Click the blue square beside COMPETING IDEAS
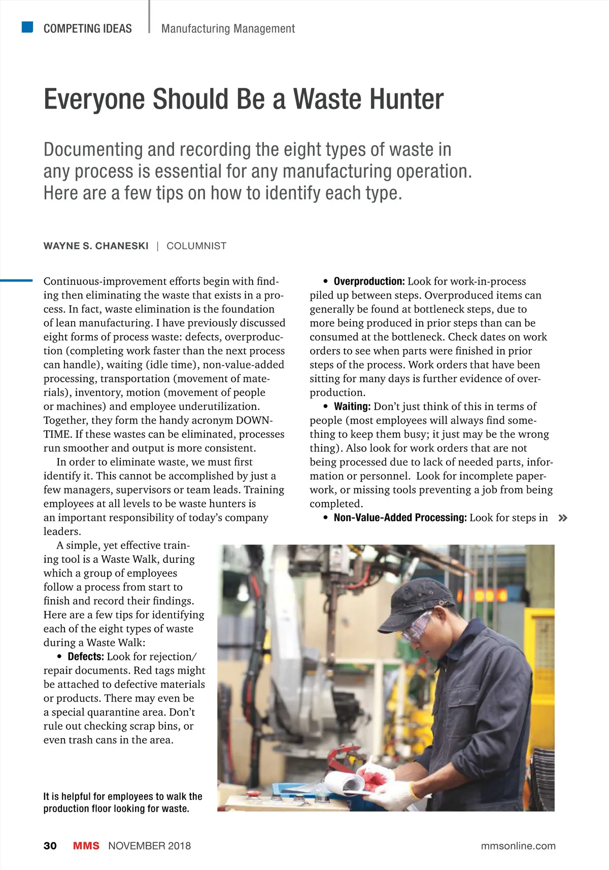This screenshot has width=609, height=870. [27, 27]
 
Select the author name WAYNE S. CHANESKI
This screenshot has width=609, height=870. [96, 246]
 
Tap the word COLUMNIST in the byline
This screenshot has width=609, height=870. [196, 246]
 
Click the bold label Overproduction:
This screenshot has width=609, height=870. [369, 282]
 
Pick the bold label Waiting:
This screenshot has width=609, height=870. [352, 407]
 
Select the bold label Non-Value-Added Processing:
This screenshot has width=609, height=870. [400, 518]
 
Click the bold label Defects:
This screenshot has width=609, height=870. [86, 657]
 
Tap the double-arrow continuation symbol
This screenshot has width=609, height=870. [562, 518]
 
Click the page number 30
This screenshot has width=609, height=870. [50, 846]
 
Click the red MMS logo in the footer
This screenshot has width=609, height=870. [86, 846]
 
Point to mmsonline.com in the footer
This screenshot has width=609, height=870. [518, 846]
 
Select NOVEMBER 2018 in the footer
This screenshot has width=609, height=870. [150, 846]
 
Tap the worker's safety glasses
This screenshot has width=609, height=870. [417, 625]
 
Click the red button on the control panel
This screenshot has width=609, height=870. [252, 794]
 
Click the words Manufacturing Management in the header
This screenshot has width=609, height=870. [228, 29]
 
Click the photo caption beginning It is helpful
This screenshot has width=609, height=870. [123, 802]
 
